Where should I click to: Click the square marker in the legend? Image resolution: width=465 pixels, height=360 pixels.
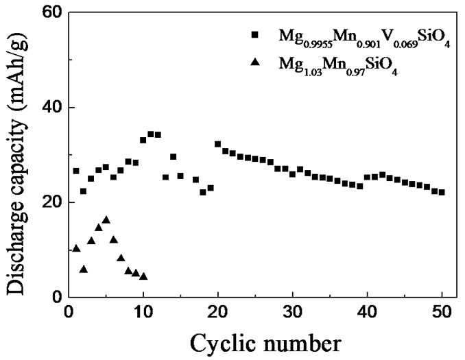point(255,35)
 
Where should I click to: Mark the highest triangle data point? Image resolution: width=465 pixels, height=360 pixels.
point(106,219)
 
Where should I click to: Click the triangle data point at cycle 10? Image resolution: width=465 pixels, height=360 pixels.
point(143,276)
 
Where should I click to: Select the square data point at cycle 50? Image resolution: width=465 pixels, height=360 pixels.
point(442,192)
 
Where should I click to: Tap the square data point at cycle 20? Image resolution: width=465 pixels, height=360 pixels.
point(218,144)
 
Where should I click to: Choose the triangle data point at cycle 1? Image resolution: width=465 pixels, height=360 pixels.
point(76,248)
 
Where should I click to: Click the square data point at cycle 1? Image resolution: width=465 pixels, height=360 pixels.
point(76,171)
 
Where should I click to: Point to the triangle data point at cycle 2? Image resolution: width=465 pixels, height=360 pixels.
point(84,269)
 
